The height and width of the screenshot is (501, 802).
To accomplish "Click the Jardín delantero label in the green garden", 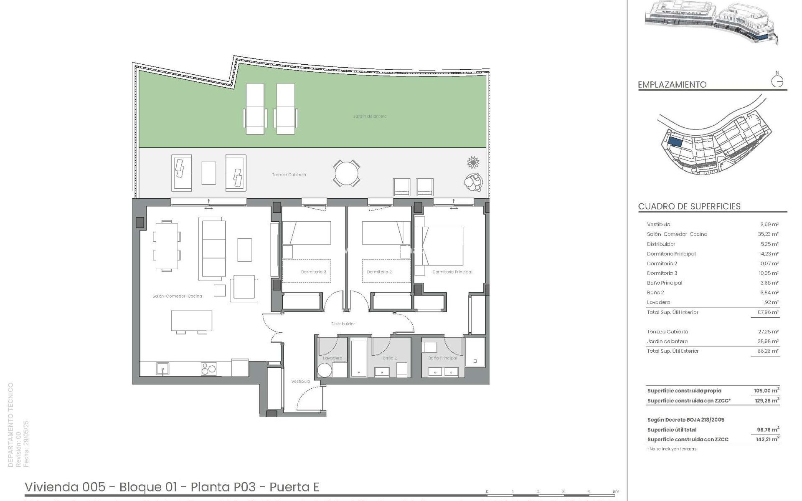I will tap(370, 116).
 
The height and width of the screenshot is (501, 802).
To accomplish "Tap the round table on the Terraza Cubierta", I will tap(346, 173).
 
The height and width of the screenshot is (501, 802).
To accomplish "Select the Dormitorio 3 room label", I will tap(313, 272).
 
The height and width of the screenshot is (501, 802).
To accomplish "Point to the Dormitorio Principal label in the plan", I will tap(452, 272).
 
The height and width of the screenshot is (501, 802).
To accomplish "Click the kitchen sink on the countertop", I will tap(162, 369).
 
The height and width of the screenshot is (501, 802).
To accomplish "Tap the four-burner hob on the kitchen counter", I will tap(208, 369).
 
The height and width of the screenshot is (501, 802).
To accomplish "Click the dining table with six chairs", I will tap(167, 246).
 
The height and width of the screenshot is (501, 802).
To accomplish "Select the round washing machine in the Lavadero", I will tap(325, 370).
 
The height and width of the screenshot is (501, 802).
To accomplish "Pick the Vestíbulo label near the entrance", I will tap(300, 381).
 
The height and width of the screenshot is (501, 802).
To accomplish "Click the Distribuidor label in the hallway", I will tap(343, 324).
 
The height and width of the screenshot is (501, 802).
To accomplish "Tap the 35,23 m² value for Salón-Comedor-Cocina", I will tap(768, 234).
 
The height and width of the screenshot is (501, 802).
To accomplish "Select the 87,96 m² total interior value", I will tap(768, 312).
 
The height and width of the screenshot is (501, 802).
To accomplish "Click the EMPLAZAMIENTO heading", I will tap(672, 85).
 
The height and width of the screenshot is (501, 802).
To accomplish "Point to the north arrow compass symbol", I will tap(777, 81).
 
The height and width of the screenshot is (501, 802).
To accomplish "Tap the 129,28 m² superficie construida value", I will tap(766, 401).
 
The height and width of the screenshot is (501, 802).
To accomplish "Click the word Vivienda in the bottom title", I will tap(51, 487).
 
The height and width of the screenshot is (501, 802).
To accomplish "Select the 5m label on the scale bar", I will tap(616, 492).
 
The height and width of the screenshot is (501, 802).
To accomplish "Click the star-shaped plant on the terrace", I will tap(473, 162).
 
